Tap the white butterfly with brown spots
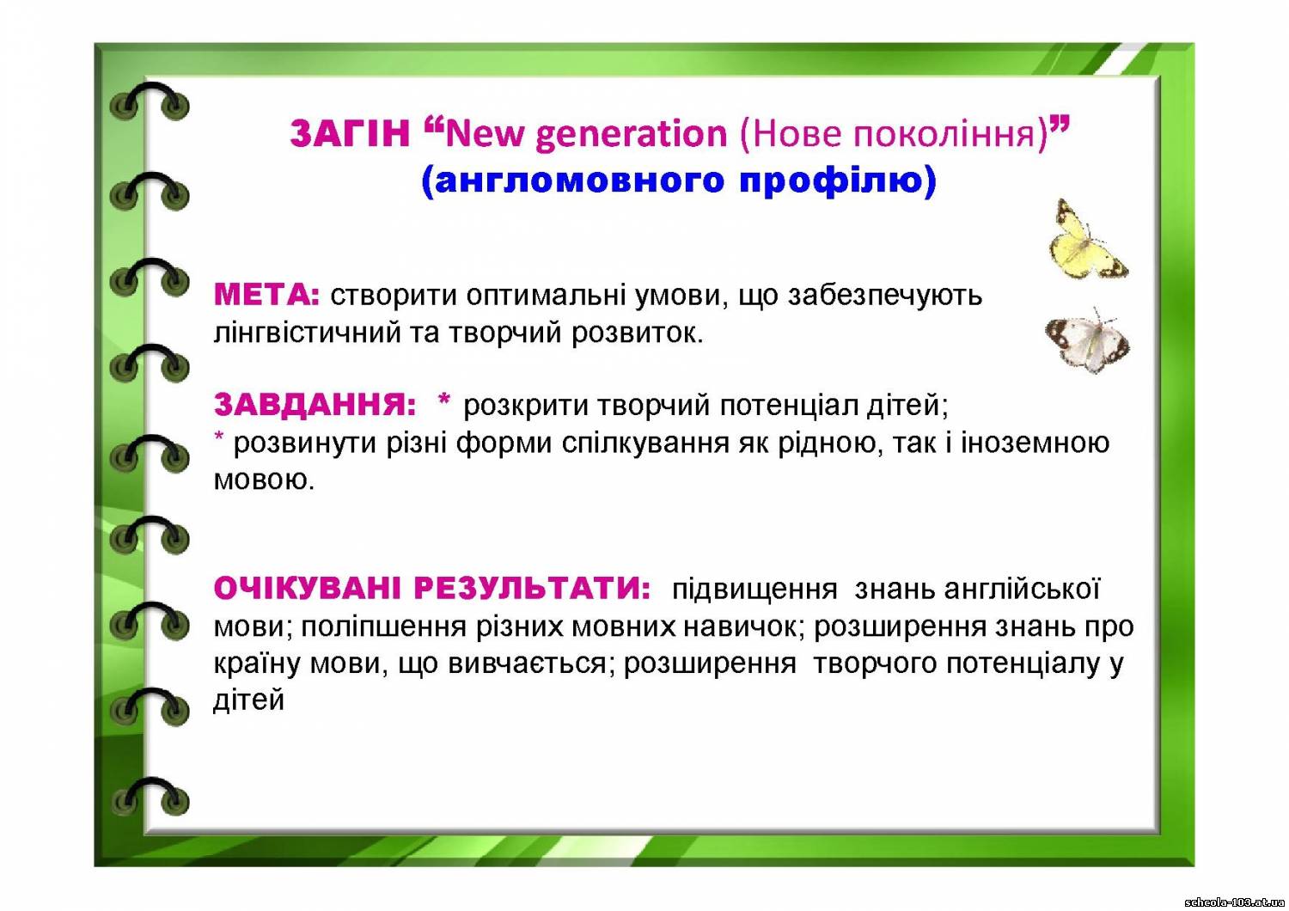tap(1087, 340)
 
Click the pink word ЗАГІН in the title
tap(350, 133)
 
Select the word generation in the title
tap(632, 135)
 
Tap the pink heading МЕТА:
tap(266, 296)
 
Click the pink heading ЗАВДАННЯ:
tap(315, 405)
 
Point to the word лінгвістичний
tap(308, 333)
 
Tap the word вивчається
tap(527, 663)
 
